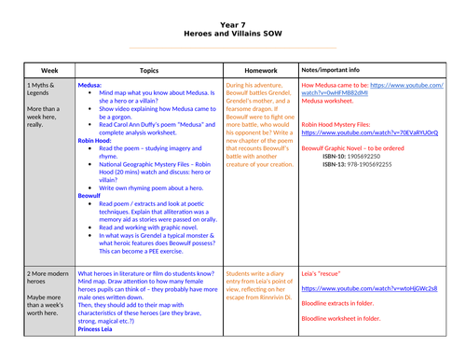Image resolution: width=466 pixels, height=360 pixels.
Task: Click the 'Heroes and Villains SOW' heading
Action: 233,30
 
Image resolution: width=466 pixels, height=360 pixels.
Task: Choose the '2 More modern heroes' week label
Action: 50,279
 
